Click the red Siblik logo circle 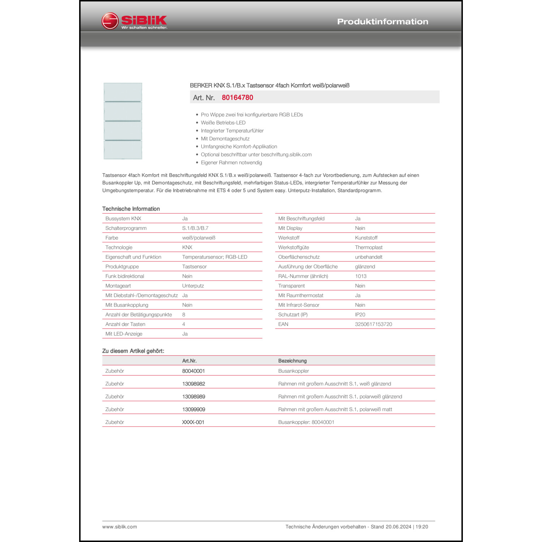click(x=110, y=21)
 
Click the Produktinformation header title click(x=382, y=22)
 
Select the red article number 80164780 click(x=237, y=98)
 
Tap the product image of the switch click(x=123, y=121)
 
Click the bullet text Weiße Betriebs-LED click(x=223, y=123)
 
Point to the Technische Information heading click(x=131, y=209)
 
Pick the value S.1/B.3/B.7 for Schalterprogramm click(x=195, y=228)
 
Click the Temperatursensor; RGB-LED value click(x=215, y=257)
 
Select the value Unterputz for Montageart click(x=193, y=286)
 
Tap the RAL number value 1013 click(x=361, y=276)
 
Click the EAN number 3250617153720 click(x=373, y=324)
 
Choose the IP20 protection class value click(x=360, y=315)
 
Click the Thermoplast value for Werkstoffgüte click(x=369, y=248)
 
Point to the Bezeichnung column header click(x=292, y=361)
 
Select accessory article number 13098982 click(x=194, y=384)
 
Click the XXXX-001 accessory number click(x=193, y=422)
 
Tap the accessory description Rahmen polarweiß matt click(x=335, y=409)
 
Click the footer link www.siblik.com click(x=120, y=527)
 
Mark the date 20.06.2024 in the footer click(x=398, y=527)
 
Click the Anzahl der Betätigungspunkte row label click(x=139, y=315)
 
